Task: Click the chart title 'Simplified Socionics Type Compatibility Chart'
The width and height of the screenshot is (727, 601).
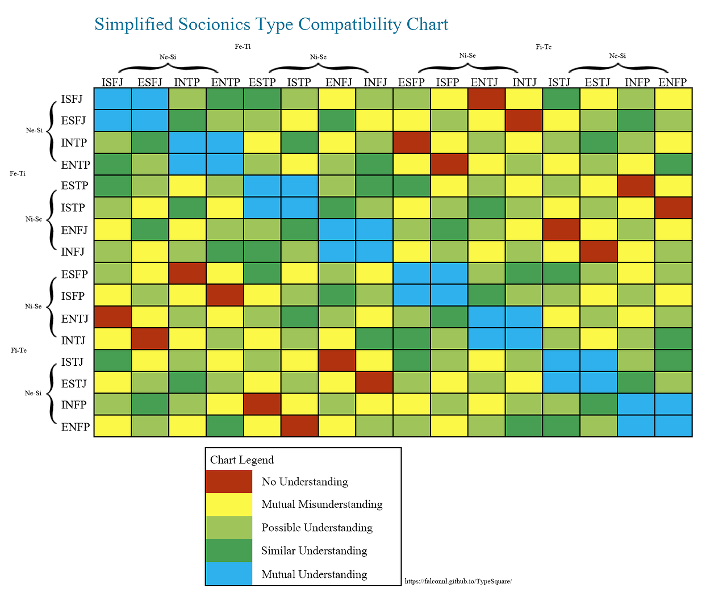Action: click(x=271, y=24)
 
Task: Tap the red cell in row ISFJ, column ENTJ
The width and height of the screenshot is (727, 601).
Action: click(x=486, y=98)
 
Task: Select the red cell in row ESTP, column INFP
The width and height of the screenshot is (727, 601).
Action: click(x=636, y=186)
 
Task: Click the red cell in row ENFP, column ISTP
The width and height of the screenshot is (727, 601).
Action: click(x=299, y=426)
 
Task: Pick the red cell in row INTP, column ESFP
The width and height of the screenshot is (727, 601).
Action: click(x=411, y=142)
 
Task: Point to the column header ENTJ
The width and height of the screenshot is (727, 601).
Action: click(x=484, y=82)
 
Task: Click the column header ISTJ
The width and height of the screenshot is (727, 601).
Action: click(x=559, y=82)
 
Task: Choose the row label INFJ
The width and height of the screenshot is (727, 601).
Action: click(x=73, y=251)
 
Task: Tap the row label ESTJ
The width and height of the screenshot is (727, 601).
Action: click(x=74, y=383)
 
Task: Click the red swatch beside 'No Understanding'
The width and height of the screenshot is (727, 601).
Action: click(x=228, y=482)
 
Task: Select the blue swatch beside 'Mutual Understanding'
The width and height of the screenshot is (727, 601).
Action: click(x=228, y=574)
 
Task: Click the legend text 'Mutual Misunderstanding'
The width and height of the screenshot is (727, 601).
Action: click(x=322, y=504)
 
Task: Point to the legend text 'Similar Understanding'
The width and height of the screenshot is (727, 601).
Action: click(x=314, y=550)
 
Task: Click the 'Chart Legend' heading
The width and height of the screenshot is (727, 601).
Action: click(x=242, y=460)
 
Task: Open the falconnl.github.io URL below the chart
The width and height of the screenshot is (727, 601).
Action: click(x=458, y=581)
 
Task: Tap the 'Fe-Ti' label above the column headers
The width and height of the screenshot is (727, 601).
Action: click(x=243, y=47)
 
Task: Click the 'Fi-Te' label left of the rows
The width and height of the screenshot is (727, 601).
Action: click(x=19, y=350)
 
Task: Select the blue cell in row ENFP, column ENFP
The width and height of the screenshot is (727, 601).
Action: click(x=673, y=426)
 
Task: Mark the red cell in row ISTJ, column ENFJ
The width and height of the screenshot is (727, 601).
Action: click(x=337, y=361)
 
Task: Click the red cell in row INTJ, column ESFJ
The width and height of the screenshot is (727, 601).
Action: click(x=150, y=339)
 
